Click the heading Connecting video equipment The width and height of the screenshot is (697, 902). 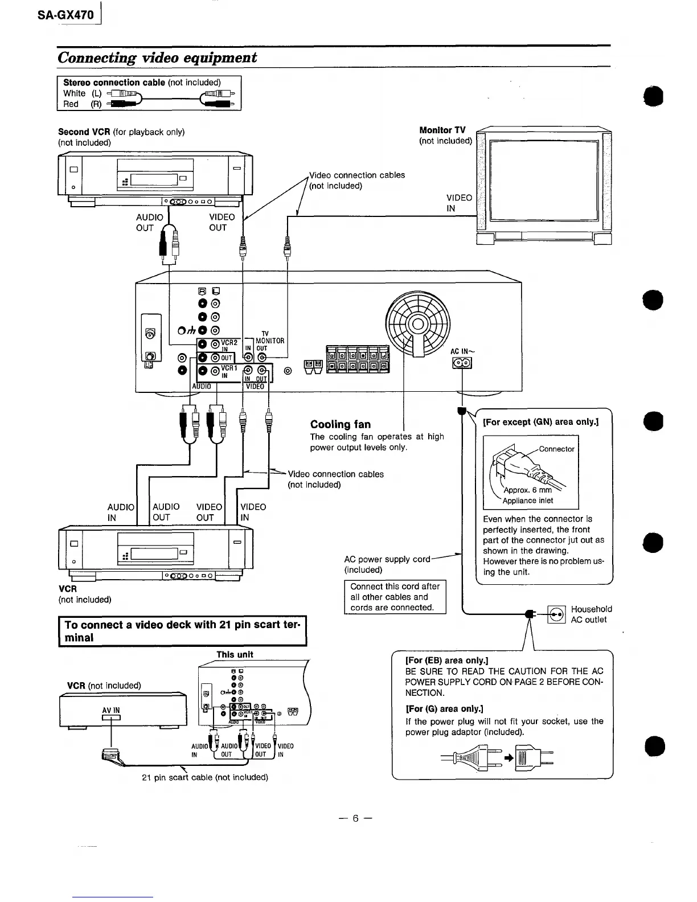[157, 58]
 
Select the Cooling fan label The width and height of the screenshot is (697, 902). [340, 424]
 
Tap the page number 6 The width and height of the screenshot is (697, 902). [354, 818]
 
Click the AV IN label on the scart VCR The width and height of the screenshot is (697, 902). [110, 710]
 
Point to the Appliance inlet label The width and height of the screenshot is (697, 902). [527, 501]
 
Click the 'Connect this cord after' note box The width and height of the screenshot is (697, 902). [395, 597]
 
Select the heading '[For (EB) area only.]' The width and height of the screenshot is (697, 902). [447, 661]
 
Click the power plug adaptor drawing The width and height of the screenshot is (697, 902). [533, 757]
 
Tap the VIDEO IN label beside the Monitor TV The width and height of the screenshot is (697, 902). [459, 203]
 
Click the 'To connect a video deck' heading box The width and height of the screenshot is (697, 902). [182, 631]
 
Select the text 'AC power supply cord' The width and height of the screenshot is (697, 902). [387, 559]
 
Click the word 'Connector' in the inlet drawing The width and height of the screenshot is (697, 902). [556, 449]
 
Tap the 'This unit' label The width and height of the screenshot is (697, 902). [235, 655]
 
